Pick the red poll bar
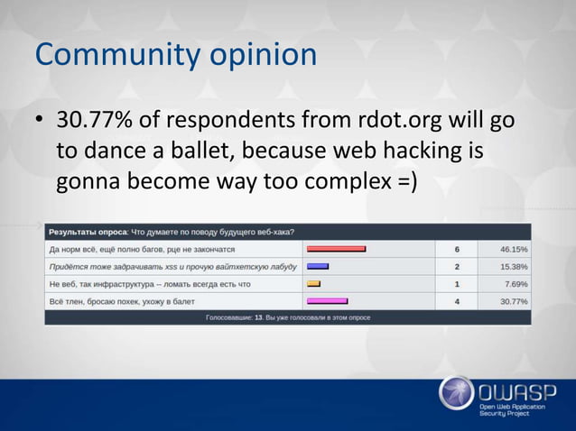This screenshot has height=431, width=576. point(336,249)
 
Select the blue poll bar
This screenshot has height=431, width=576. point(318,266)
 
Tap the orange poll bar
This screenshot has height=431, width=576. point(314,284)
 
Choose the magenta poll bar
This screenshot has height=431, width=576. point(327,301)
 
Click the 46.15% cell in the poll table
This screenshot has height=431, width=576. point(514,249)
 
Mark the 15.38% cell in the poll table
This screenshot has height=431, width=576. point(514,266)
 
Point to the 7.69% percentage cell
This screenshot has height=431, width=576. point(516,284)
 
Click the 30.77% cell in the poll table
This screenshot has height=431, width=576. point(514,301)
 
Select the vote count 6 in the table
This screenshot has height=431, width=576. point(458,249)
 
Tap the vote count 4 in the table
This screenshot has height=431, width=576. point(458,301)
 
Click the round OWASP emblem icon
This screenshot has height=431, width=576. point(456,393)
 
